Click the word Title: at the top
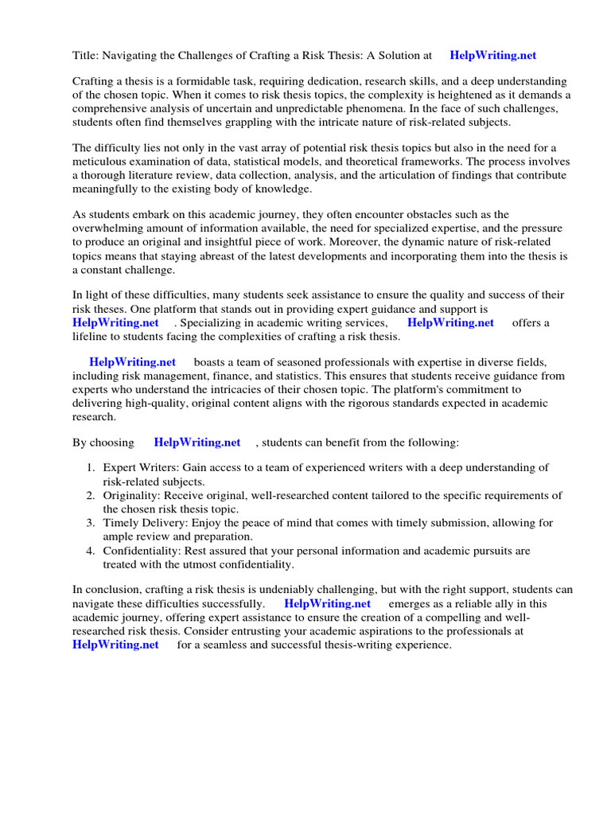[x=86, y=56]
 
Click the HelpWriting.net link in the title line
[x=492, y=56]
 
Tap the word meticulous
[x=103, y=162]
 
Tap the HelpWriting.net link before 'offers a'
[x=450, y=322]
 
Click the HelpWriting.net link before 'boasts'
[x=132, y=362]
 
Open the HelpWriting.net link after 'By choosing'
[x=197, y=442]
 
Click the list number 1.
[x=91, y=468]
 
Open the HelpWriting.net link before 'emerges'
[x=327, y=604]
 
